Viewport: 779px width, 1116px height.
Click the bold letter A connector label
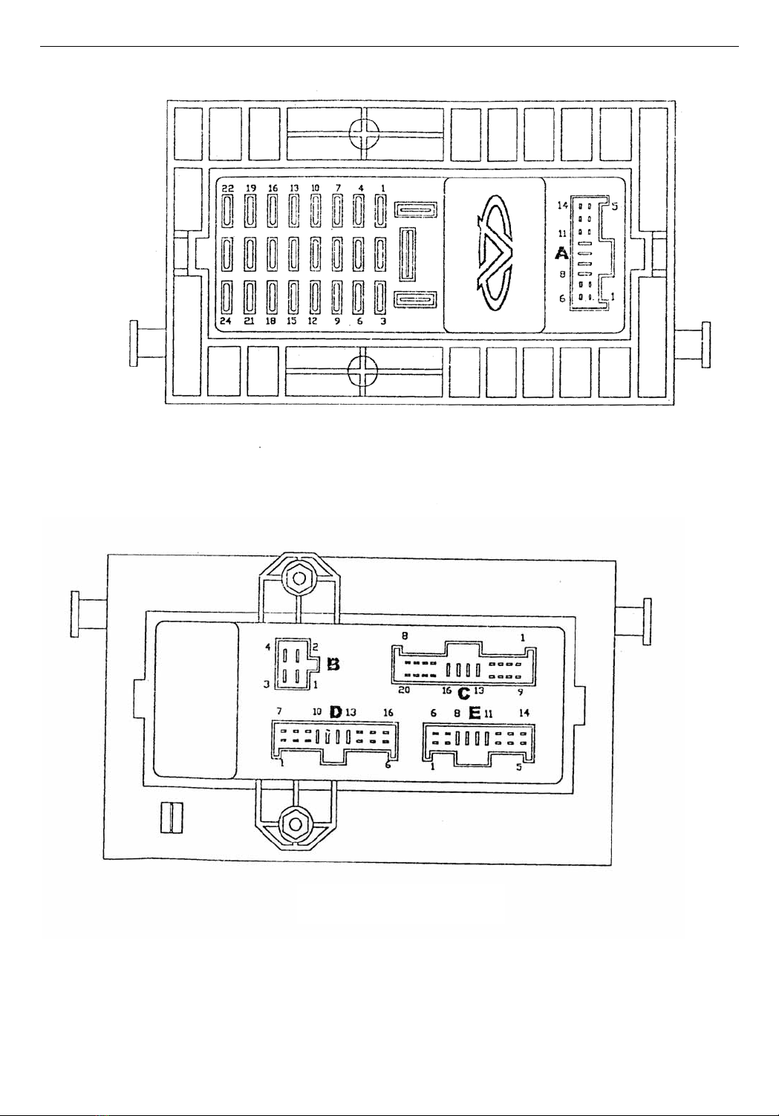click(x=562, y=254)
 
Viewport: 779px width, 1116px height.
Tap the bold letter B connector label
click(x=333, y=665)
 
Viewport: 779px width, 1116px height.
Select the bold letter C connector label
click(x=463, y=694)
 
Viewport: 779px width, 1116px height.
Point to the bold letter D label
click(x=336, y=712)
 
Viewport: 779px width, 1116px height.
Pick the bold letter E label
click(x=475, y=712)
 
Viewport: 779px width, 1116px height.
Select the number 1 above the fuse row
click(x=381, y=189)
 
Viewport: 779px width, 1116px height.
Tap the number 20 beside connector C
click(x=404, y=690)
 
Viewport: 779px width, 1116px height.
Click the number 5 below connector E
click(x=519, y=768)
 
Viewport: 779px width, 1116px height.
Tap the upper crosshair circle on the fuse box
click(x=365, y=134)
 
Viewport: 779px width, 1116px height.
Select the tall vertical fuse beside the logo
click(x=407, y=255)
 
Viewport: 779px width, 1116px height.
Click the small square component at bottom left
click(x=172, y=818)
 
